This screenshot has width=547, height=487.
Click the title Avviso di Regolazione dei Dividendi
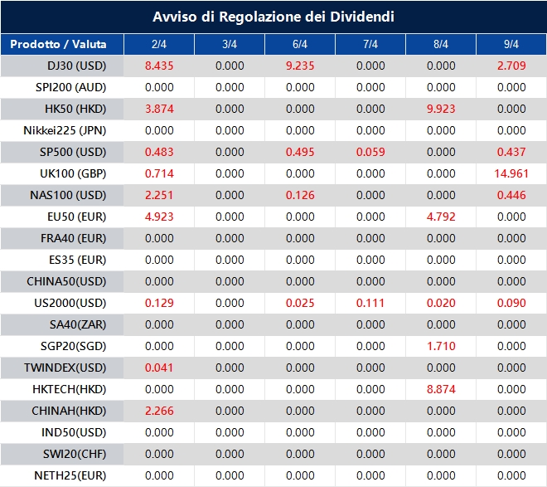[273, 17]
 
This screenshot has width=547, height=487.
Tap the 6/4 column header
[300, 44]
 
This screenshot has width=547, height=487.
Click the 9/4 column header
[511, 44]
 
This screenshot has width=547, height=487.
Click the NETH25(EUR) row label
[70, 475]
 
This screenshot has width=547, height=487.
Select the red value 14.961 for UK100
[511, 173]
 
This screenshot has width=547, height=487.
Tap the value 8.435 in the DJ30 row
[159, 66]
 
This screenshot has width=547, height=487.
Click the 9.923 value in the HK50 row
[441, 109]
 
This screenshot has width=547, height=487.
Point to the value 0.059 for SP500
[370, 152]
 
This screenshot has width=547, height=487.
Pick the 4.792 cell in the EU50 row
[441, 217]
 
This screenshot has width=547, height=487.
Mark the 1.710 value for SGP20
[441, 346]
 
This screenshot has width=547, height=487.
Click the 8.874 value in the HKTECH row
[441, 389]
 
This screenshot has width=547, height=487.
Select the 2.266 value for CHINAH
[159, 411]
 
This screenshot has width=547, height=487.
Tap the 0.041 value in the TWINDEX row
[159, 368]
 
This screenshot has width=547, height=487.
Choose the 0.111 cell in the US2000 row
[370, 303]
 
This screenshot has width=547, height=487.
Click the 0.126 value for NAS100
[300, 195]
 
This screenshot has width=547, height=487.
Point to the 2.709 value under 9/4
[511, 66]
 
